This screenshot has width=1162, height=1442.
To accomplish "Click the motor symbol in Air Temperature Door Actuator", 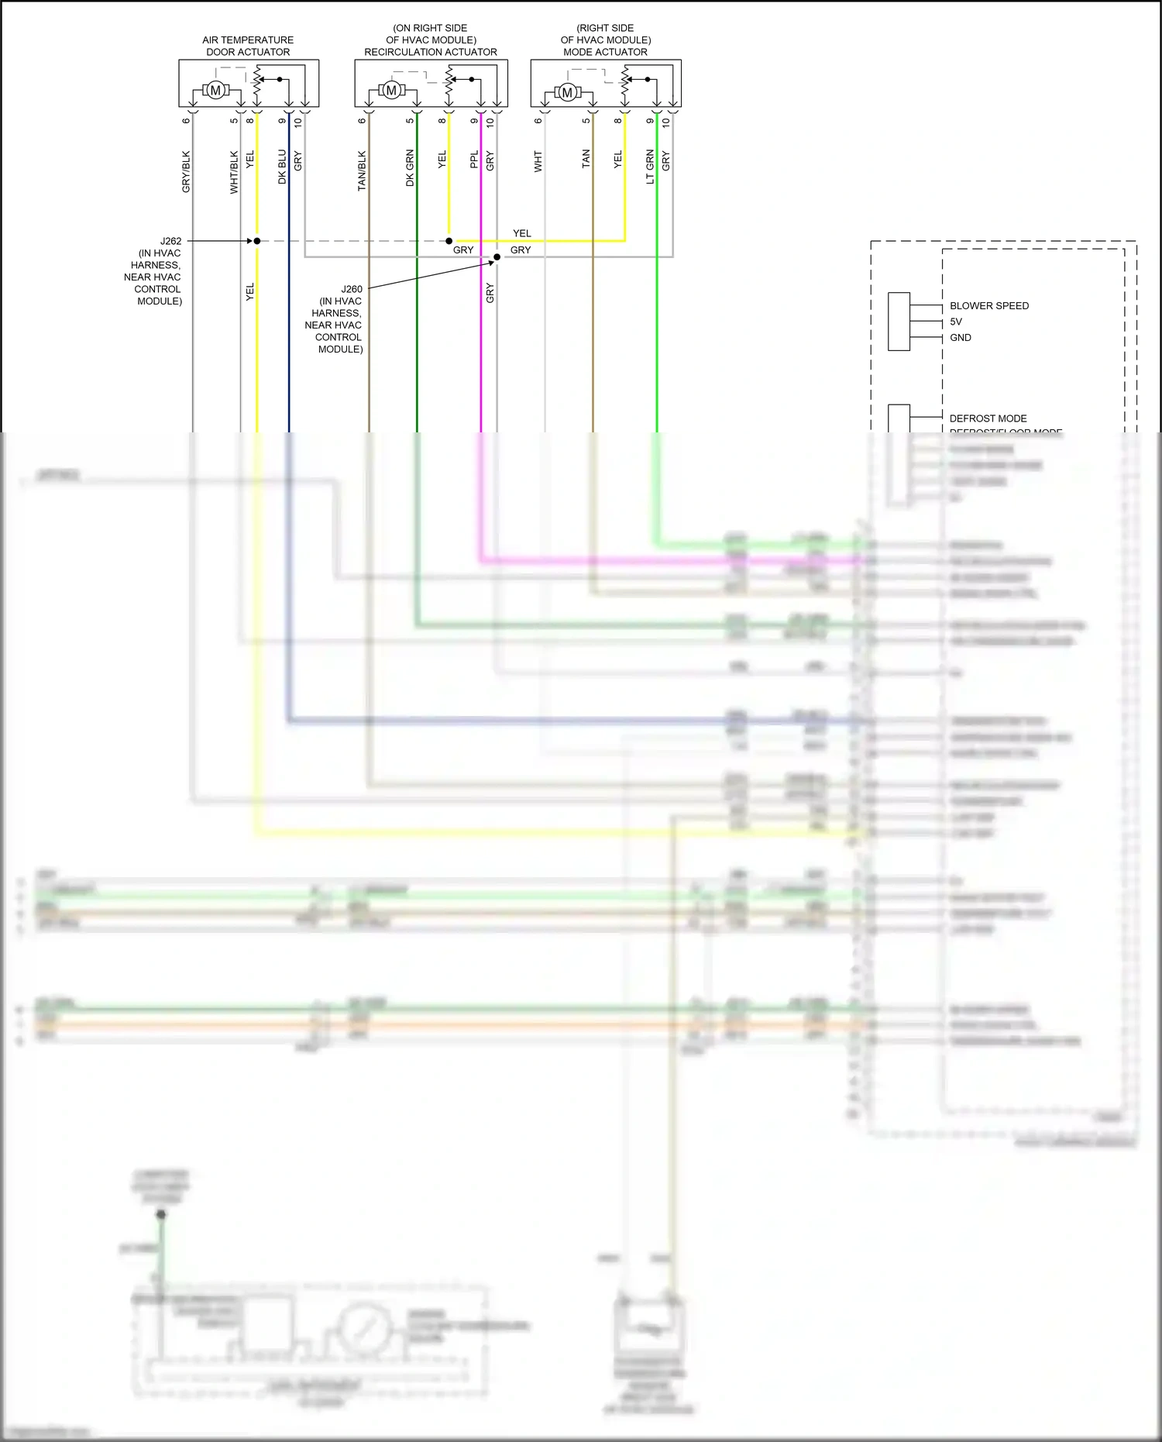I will pyautogui.click(x=215, y=91).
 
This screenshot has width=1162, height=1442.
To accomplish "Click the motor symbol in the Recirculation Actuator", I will pyautogui.click(x=391, y=91).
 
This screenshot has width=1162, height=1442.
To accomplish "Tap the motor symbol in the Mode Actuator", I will pyautogui.click(x=567, y=92).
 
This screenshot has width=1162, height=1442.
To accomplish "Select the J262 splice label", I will pyautogui.click(x=170, y=241).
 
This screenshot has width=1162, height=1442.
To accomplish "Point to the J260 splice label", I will pyautogui.click(x=352, y=289).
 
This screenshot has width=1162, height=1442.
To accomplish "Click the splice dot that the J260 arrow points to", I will pyautogui.click(x=497, y=257).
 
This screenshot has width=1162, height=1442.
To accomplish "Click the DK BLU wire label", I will pyautogui.click(x=282, y=167).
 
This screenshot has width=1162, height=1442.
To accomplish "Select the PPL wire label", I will pyautogui.click(x=474, y=160).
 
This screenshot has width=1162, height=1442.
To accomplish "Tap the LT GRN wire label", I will pyautogui.click(x=650, y=167).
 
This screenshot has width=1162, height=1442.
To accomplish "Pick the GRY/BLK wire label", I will pyautogui.click(x=186, y=171).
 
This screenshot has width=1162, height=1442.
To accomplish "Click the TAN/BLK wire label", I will pyautogui.click(x=362, y=171).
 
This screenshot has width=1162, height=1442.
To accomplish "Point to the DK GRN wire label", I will pyautogui.click(x=410, y=168).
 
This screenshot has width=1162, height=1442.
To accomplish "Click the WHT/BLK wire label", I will pyautogui.click(x=234, y=171).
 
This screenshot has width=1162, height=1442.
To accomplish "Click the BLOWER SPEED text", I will pyautogui.click(x=989, y=306).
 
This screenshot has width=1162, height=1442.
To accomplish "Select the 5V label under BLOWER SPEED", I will pyautogui.click(x=956, y=322).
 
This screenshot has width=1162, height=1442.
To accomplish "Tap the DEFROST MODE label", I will pyautogui.click(x=988, y=418).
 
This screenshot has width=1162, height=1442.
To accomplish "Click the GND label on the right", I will pyautogui.click(x=961, y=338).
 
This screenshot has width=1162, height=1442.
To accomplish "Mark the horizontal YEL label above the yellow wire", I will pyautogui.click(x=522, y=233).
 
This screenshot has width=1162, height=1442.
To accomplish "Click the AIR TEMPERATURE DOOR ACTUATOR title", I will pyautogui.click(x=248, y=46).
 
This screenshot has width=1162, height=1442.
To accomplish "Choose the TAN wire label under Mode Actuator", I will pyautogui.click(x=586, y=159).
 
